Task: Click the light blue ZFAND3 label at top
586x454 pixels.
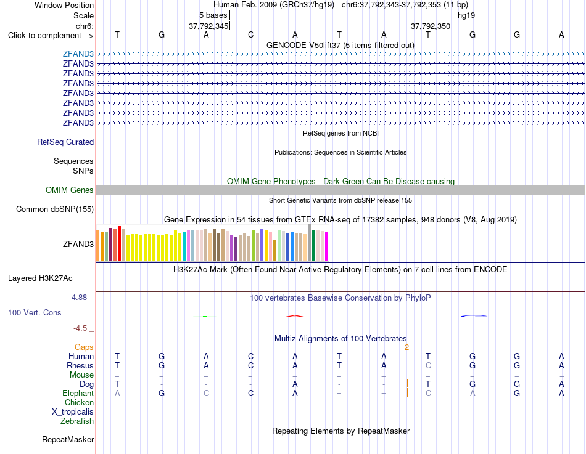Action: coord(78,54)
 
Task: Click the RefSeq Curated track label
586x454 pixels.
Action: coord(65,142)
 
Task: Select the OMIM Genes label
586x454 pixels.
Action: coord(70,190)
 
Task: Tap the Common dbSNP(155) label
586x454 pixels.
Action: coord(55,209)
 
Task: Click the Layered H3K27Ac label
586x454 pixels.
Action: coord(40,278)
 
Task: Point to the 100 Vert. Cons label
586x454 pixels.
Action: coord(35,312)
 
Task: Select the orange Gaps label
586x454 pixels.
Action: coord(84,347)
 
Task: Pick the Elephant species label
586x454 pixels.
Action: coord(78,393)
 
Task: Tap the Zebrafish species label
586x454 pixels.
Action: coord(77,421)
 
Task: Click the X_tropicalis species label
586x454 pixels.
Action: coord(73,412)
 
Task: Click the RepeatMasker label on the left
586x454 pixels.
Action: coord(68,439)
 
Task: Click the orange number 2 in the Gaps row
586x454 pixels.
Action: coord(406,347)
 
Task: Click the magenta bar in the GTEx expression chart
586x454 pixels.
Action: coord(327,246)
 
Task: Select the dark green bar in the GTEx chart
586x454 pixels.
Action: coord(314,246)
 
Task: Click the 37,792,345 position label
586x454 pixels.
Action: coord(208,26)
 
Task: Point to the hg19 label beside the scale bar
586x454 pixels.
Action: coord(466,15)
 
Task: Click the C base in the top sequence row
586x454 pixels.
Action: coord(251,34)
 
